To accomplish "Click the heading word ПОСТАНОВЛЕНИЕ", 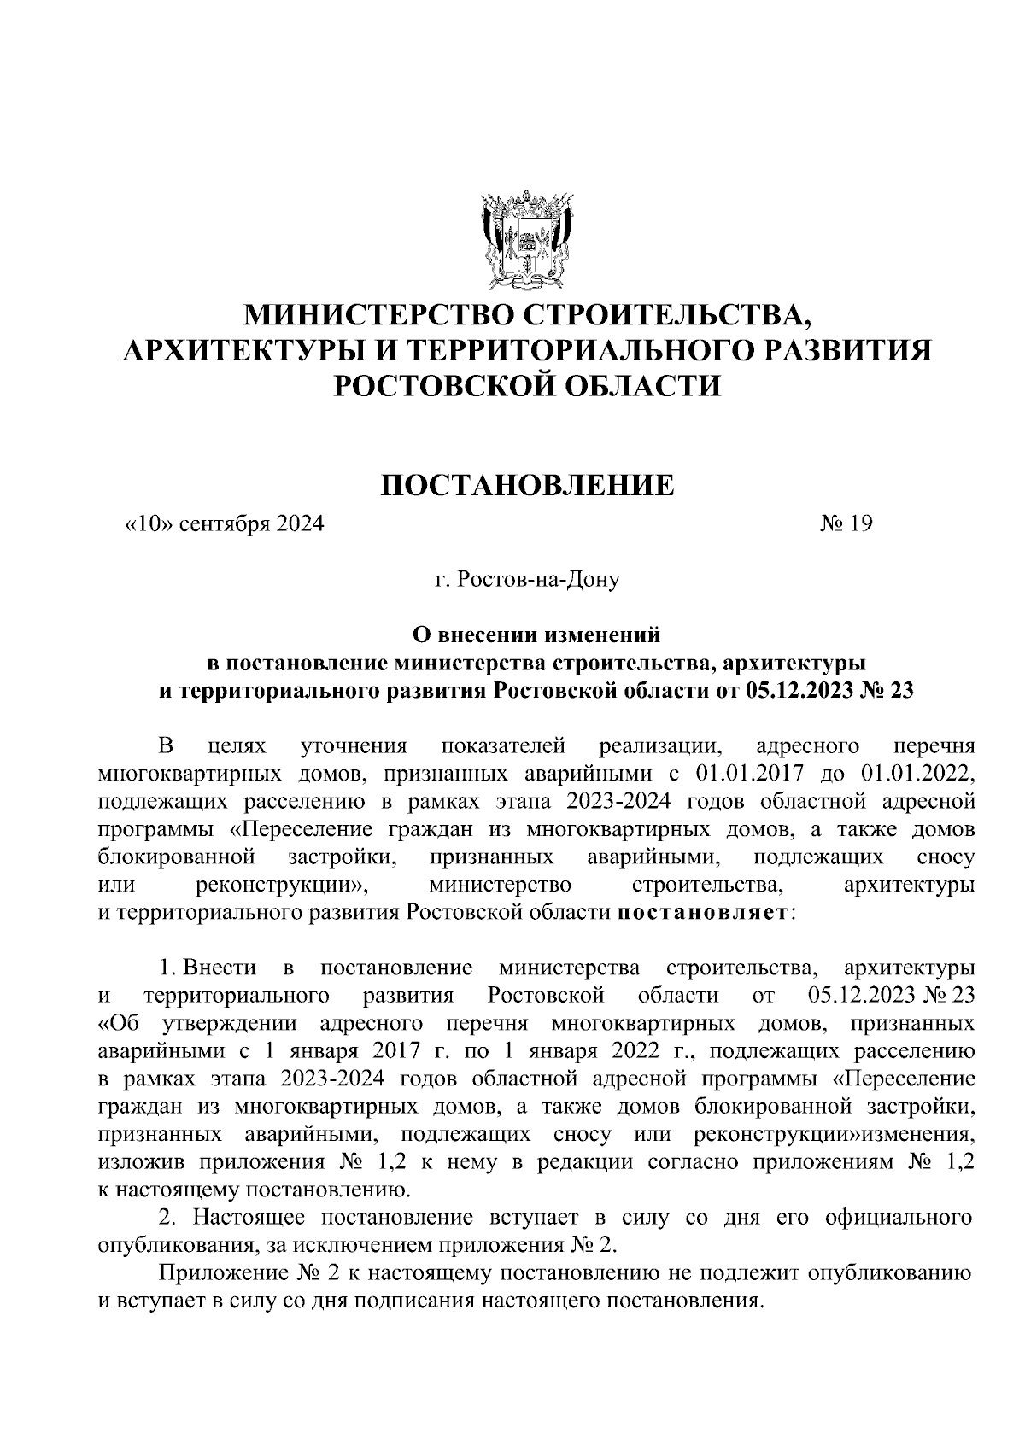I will (527, 485).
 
